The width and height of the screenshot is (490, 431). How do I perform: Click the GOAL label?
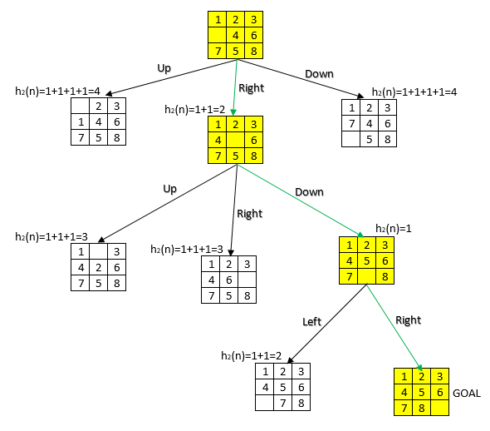[x=468, y=392]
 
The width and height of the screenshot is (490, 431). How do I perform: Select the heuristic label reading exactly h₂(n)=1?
[x=394, y=228]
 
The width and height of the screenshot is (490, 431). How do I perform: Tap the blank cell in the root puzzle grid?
[x=217, y=36]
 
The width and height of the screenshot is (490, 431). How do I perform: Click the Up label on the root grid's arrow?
[x=164, y=68]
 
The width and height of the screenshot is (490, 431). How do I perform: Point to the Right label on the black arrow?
[x=250, y=214]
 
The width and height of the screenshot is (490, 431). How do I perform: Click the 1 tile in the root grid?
[x=217, y=18]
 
